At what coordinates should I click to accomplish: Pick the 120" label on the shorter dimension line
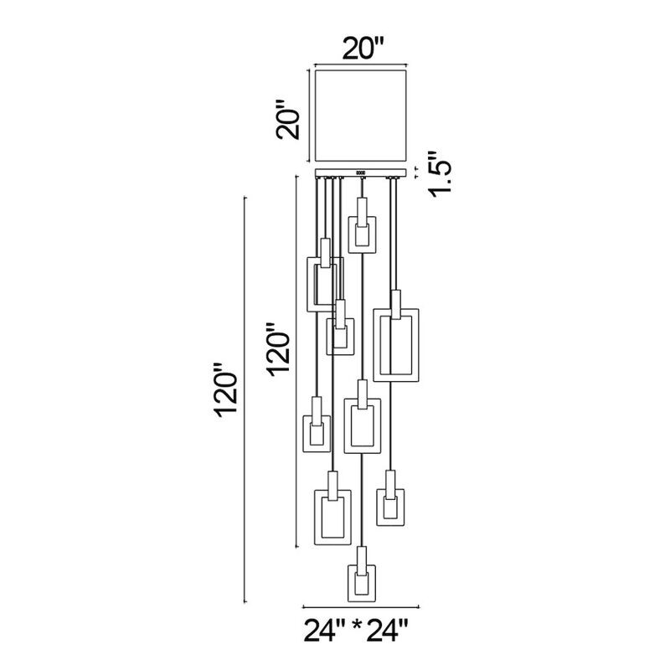point(279,348)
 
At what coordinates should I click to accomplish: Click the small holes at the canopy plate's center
point(360,173)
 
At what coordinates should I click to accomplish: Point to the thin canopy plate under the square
point(381,173)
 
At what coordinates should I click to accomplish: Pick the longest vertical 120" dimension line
point(244,399)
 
